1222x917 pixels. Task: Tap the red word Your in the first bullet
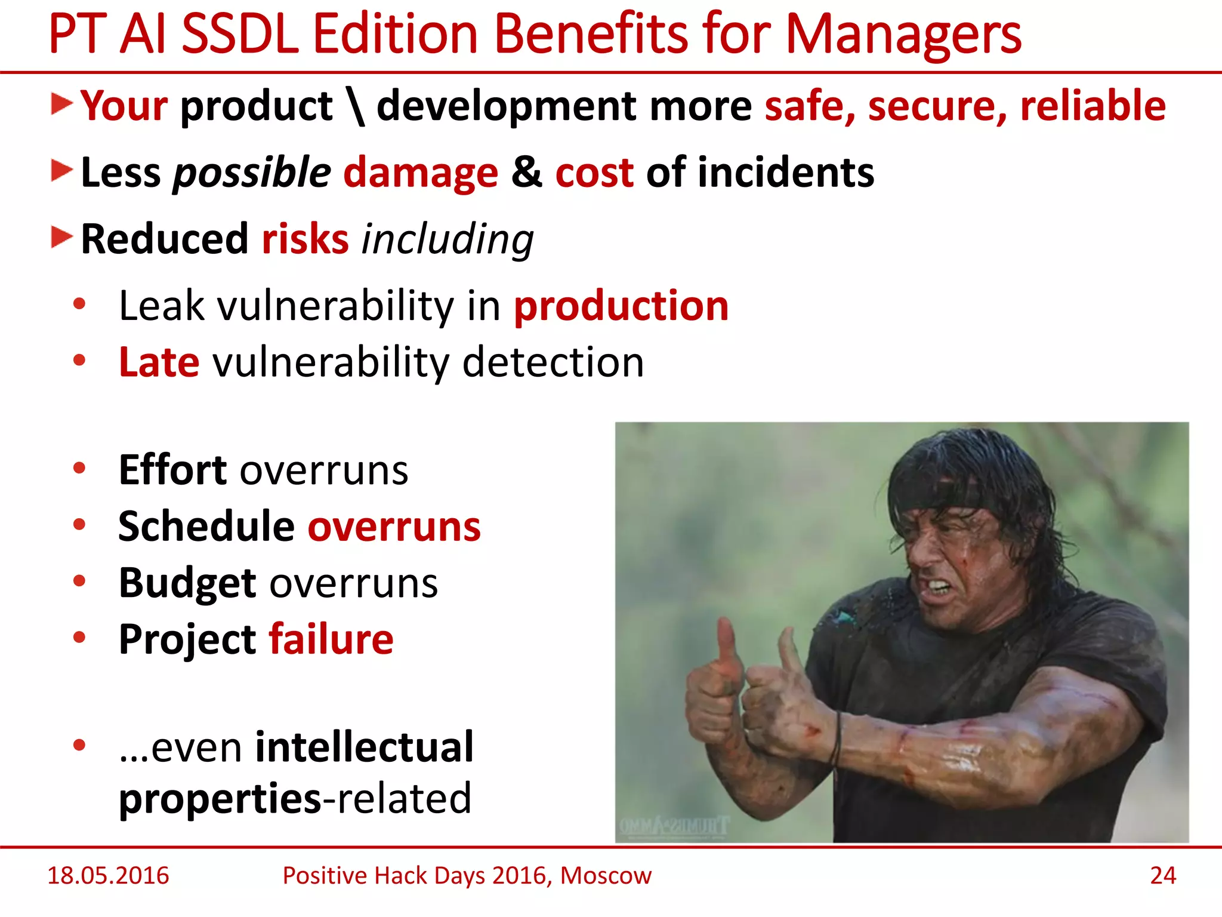(x=124, y=106)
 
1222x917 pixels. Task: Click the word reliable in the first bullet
(x=1093, y=106)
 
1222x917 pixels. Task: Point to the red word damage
(x=421, y=173)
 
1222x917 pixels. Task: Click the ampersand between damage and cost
(x=526, y=173)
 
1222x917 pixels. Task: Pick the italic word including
(x=448, y=239)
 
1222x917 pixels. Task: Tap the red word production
(x=621, y=306)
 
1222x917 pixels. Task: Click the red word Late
(x=159, y=362)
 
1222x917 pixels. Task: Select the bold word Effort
(x=172, y=470)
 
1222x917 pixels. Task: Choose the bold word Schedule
(x=206, y=527)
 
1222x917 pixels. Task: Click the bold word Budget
(x=187, y=583)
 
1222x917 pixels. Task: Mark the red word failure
(x=331, y=639)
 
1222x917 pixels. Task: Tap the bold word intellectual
(x=364, y=747)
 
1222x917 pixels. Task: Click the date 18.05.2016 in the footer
(x=108, y=876)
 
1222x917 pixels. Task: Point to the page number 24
(x=1163, y=876)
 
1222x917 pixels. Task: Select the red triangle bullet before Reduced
(x=61, y=238)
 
